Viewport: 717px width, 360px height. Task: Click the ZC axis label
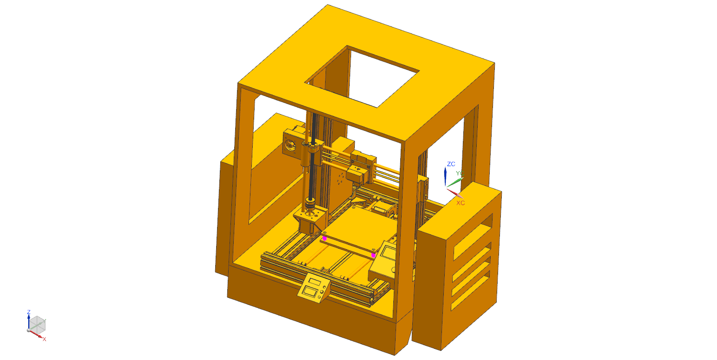pyautogui.click(x=451, y=164)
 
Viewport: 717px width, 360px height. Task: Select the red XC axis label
pyautogui.click(x=460, y=203)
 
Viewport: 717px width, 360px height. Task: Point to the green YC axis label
pyautogui.click(x=459, y=174)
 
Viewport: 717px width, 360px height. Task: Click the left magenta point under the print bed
pyautogui.click(x=324, y=238)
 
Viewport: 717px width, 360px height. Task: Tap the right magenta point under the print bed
pyautogui.click(x=373, y=255)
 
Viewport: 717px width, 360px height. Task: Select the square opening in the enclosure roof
pyautogui.click(x=366, y=77)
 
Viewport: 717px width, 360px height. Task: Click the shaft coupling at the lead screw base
pyautogui.click(x=309, y=204)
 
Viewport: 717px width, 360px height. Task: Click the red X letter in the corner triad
pyautogui.click(x=45, y=339)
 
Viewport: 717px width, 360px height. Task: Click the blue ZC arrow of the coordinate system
pyautogui.click(x=445, y=177)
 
